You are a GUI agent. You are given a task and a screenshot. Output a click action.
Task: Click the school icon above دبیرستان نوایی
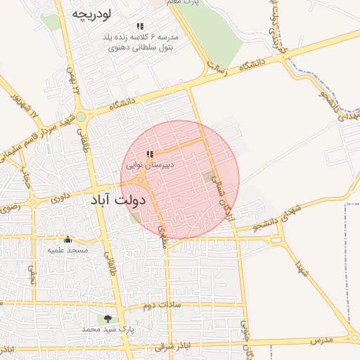click(149, 154)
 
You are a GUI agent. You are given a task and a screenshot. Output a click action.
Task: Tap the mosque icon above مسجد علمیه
click(67, 240)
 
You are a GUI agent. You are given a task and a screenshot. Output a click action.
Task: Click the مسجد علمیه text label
click(67, 250)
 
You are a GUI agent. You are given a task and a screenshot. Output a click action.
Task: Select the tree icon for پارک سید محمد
click(108, 319)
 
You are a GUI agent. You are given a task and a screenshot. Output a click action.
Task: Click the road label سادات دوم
click(162, 304)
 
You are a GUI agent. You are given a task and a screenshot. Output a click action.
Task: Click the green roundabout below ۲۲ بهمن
click(81, 117)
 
